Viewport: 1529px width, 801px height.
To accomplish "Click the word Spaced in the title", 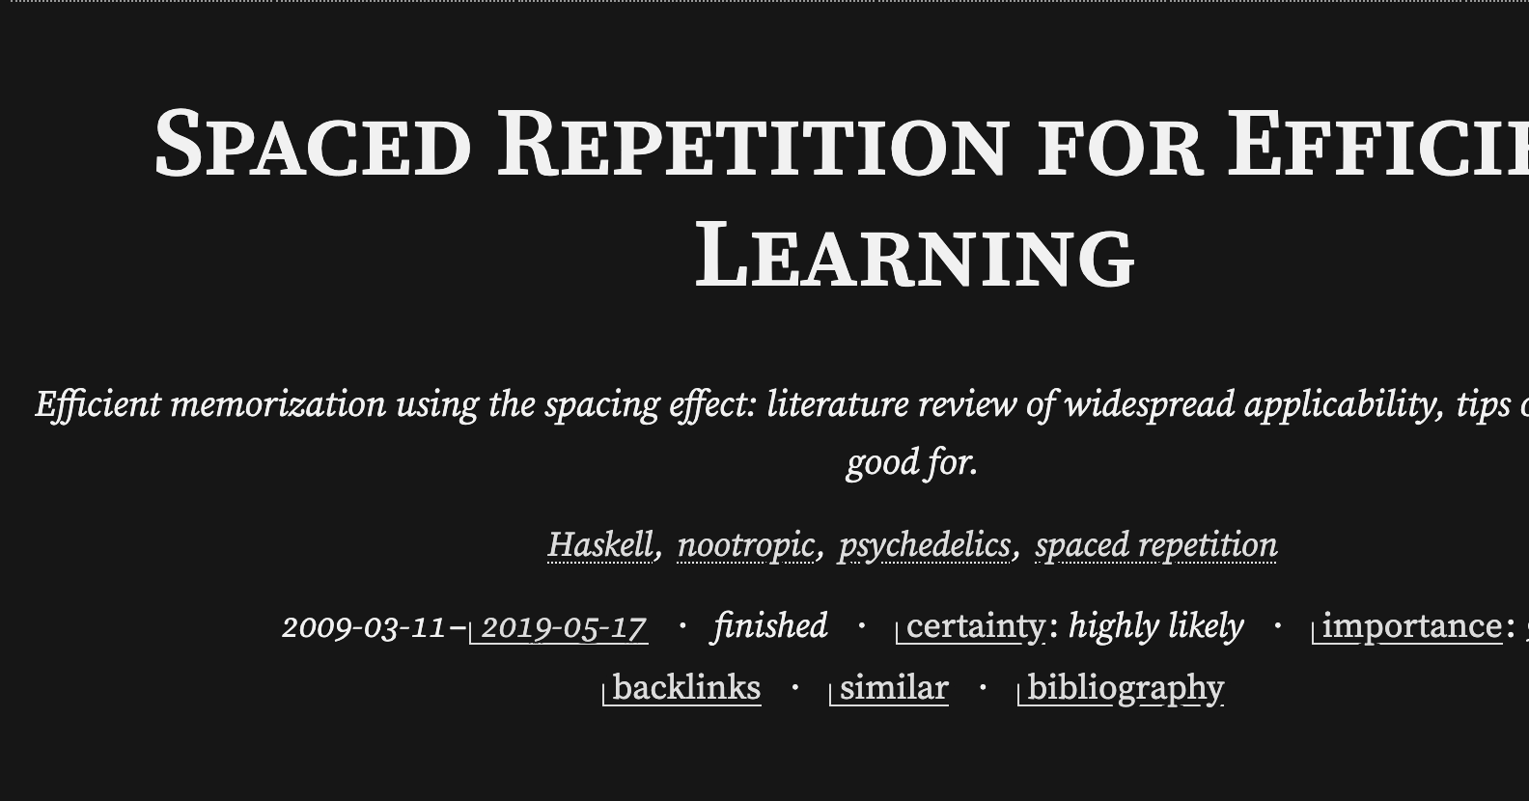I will tap(312, 146).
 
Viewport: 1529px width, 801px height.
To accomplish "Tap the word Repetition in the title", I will tap(753, 146).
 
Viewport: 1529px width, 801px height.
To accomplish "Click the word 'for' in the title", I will tap(1120, 148).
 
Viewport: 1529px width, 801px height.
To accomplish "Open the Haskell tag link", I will tap(600, 545).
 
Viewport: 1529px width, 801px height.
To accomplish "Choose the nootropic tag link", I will tap(745, 545).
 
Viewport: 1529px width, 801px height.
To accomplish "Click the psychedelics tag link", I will tap(924, 545).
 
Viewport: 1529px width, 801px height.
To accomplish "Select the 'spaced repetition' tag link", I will tap(1155, 545).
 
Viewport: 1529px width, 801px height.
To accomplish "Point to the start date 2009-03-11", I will tap(364, 627).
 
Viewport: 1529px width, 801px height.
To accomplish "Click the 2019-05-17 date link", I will tap(563, 627).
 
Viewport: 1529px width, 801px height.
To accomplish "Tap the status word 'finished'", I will tap(770, 626).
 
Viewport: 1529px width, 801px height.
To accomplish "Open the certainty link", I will tap(975, 626).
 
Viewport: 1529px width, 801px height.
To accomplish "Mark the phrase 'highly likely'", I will tap(1155, 626).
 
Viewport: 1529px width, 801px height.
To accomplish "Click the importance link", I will tap(1411, 626).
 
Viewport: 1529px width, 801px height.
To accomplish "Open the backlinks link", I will tap(685, 688).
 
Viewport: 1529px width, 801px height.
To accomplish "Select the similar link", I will tap(893, 688).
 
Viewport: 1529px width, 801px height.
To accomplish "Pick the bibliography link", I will tap(1125, 688).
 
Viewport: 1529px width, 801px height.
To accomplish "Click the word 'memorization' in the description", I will tap(278, 404).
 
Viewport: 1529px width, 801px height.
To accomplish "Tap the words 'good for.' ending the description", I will tap(912, 462).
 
